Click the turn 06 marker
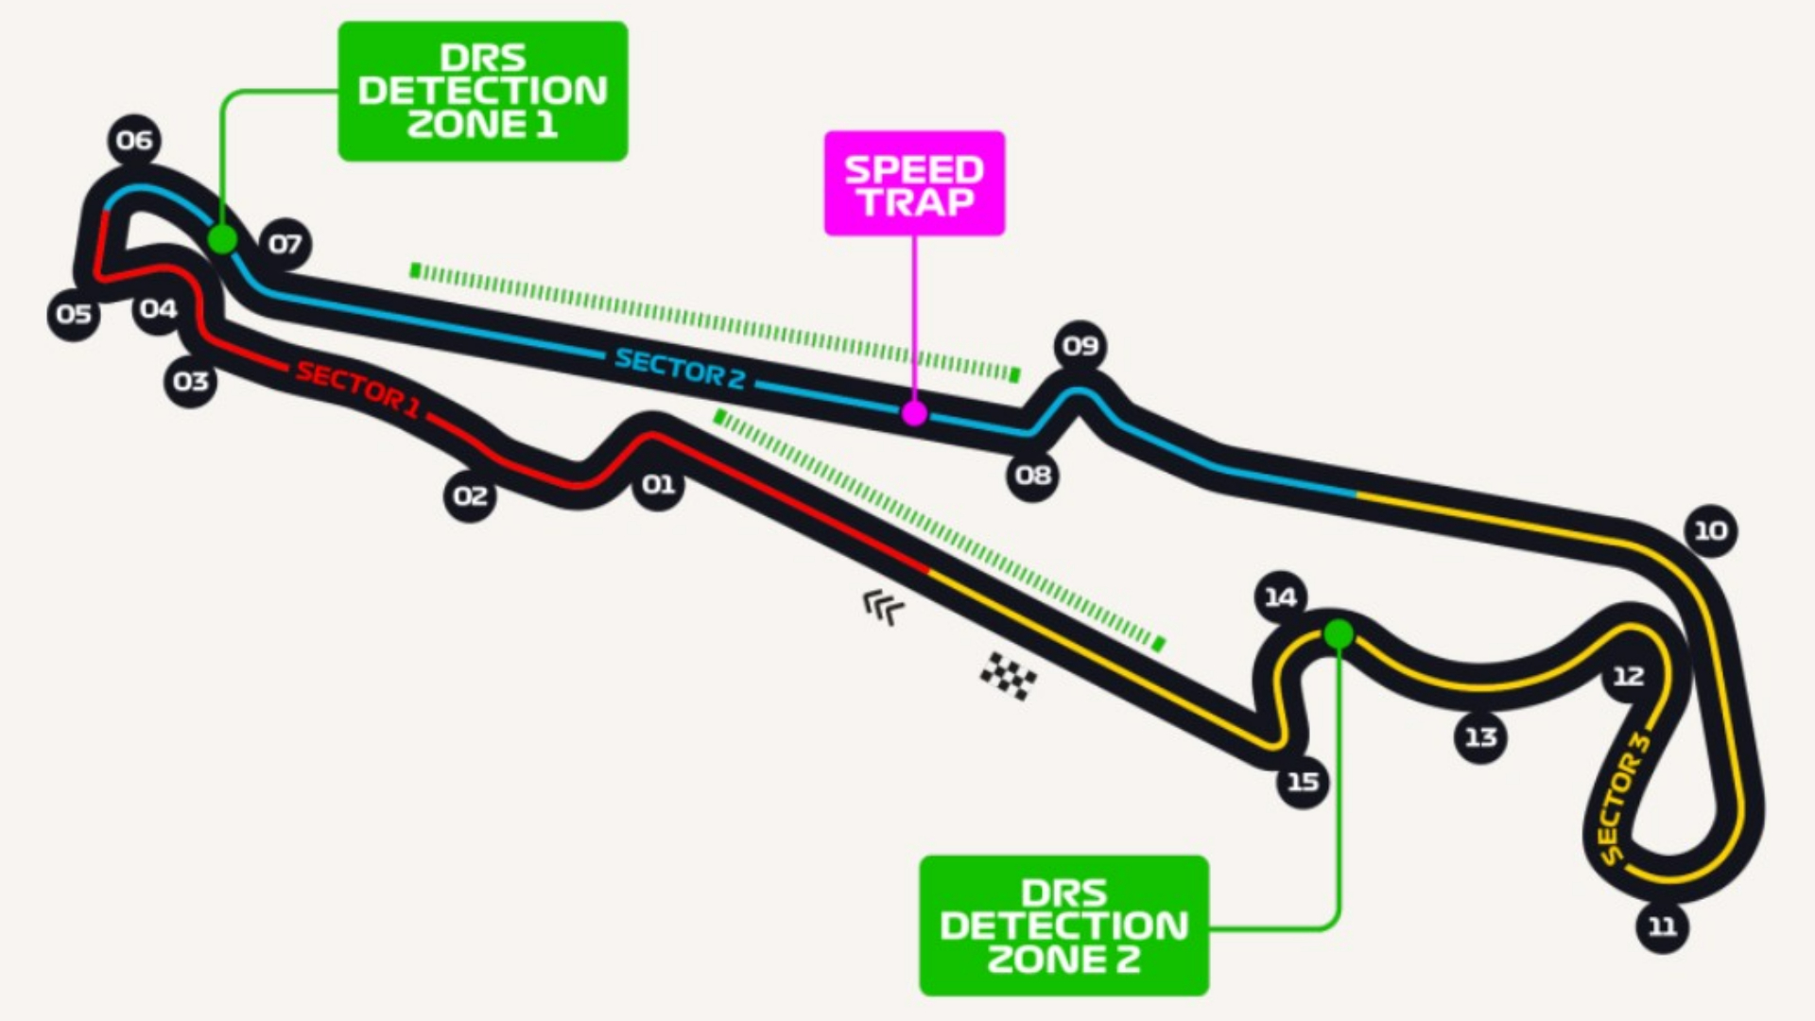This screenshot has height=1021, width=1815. [134, 141]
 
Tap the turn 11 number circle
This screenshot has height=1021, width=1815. [1663, 926]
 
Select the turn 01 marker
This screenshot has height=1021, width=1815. [659, 485]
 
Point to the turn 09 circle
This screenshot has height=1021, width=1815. [1080, 346]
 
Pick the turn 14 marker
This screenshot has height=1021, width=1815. [1281, 597]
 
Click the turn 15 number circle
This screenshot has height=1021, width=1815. [1303, 782]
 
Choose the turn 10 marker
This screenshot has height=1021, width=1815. [1710, 530]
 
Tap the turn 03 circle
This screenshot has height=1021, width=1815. [191, 382]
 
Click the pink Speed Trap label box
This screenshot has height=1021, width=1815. [914, 183]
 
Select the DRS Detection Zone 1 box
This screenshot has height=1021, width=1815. [483, 92]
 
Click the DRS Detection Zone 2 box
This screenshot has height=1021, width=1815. [1063, 926]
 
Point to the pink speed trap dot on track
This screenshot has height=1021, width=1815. [914, 413]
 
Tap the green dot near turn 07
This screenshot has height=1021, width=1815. [222, 239]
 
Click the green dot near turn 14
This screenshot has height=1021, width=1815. [1338, 633]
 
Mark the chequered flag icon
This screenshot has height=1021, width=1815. [1008, 675]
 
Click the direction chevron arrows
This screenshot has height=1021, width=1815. [883, 606]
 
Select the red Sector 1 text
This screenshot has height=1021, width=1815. [357, 388]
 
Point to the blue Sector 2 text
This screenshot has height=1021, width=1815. [680, 368]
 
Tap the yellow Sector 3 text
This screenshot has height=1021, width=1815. [1622, 799]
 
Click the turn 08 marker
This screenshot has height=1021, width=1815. [1032, 475]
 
